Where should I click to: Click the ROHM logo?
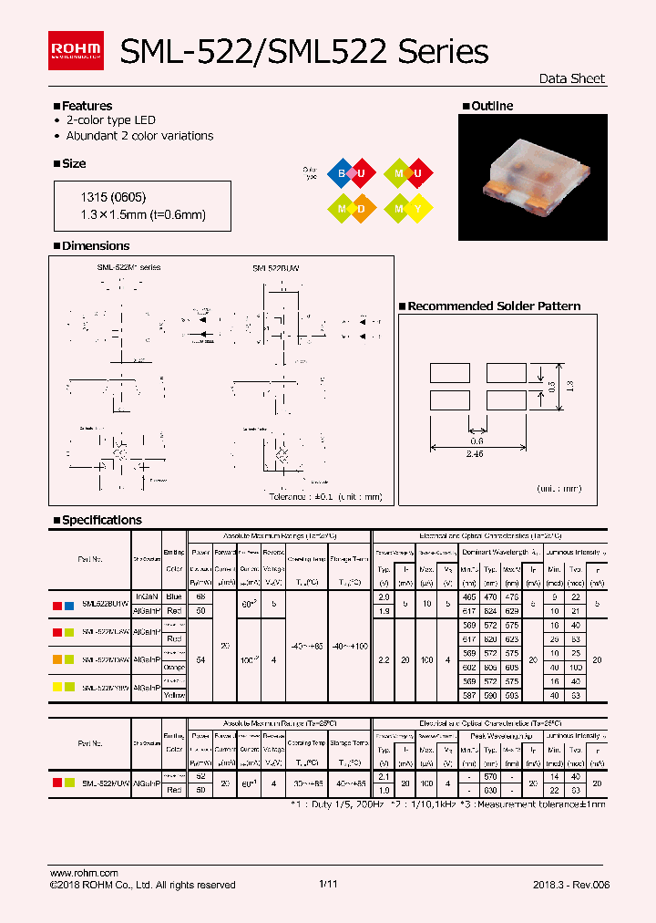point(76,50)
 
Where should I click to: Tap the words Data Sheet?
point(571,78)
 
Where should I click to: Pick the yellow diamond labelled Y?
point(417,208)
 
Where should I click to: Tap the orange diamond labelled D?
point(362,208)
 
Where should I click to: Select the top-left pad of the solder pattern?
point(449,372)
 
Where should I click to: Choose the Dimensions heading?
point(95,245)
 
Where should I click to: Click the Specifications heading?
point(101,520)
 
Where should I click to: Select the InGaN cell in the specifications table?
point(147,595)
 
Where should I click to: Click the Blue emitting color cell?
point(174,595)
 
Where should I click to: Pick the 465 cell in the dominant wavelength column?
point(469,595)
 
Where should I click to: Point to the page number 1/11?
point(328,884)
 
